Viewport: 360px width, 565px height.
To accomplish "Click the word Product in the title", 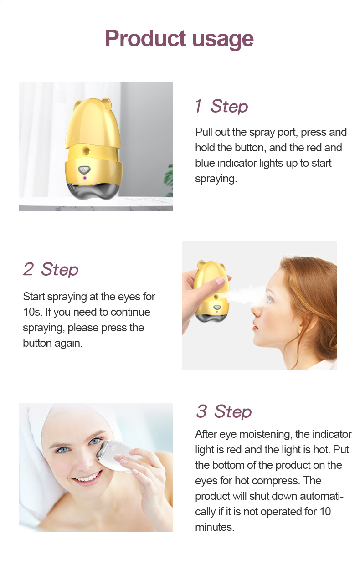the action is click(x=145, y=38).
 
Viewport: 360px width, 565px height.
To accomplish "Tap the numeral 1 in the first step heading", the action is click(x=199, y=106).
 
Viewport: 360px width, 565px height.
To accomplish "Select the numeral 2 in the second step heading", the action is click(x=29, y=269).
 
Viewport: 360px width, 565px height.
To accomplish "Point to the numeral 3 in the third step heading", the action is click(x=201, y=411).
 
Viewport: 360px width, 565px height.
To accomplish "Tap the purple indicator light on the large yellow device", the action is click(x=84, y=178).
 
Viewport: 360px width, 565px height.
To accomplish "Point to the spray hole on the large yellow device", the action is click(x=87, y=151).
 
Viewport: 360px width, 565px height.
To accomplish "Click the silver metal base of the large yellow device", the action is click(x=93, y=191).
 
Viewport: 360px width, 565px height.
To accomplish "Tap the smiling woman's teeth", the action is click(x=87, y=478).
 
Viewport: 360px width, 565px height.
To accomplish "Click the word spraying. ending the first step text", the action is click(x=216, y=179).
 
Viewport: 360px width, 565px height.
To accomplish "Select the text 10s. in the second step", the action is click(x=32, y=312).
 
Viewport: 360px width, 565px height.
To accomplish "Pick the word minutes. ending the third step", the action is click(x=215, y=527).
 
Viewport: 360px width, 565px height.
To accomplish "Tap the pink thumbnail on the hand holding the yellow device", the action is click(x=220, y=281).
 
